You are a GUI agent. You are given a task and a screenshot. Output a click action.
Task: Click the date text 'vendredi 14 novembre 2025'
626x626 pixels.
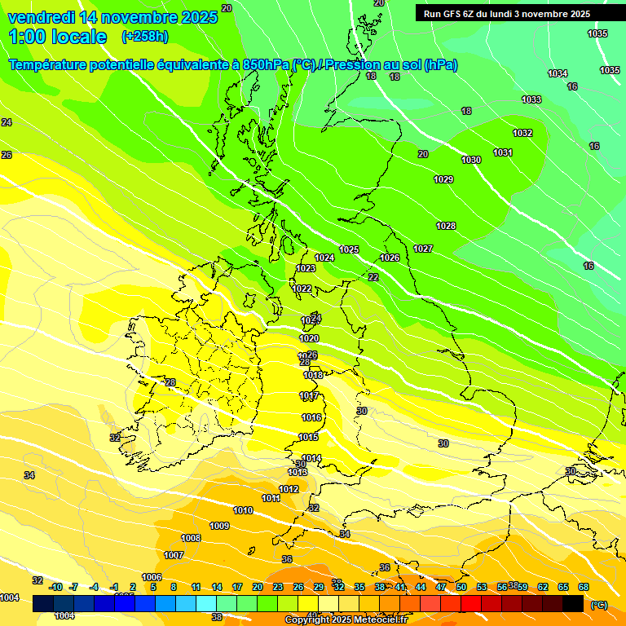point(112,17)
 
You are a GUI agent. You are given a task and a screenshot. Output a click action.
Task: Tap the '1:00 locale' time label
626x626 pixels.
point(58,37)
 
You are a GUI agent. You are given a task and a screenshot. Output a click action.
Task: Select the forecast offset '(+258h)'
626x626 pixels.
point(144,37)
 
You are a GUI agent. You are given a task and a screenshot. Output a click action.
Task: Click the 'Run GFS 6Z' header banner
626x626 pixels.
point(506,14)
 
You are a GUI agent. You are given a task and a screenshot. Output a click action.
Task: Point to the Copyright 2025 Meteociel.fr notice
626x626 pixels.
point(346,620)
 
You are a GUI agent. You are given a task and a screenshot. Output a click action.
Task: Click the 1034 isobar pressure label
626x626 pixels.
point(558,74)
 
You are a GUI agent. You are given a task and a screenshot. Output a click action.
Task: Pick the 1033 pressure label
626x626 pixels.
point(531,99)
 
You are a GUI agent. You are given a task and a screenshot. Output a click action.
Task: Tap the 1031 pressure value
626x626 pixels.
point(503,152)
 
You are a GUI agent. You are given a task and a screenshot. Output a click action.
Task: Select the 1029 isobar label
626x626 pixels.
point(443,179)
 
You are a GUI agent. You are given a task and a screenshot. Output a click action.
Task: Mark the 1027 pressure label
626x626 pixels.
point(423,249)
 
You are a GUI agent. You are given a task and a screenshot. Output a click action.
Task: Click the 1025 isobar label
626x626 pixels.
point(349,249)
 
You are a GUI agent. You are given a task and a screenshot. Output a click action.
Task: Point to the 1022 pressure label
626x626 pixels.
point(302,289)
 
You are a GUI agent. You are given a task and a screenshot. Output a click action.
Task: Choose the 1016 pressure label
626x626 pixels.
point(311,417)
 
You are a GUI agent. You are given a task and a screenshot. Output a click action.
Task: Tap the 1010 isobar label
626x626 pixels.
point(243,510)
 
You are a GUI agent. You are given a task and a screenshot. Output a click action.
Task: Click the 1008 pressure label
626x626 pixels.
point(191,538)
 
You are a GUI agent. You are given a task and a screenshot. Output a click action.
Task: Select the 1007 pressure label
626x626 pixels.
point(174,555)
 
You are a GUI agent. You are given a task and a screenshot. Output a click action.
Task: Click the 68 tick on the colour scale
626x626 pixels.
point(584,587)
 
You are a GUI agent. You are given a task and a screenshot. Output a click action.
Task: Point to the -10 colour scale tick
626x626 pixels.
point(55,587)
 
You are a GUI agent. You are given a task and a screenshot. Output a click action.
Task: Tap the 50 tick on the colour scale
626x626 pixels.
point(461,587)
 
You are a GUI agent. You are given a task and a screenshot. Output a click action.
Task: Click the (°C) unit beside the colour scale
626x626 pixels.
point(599,605)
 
